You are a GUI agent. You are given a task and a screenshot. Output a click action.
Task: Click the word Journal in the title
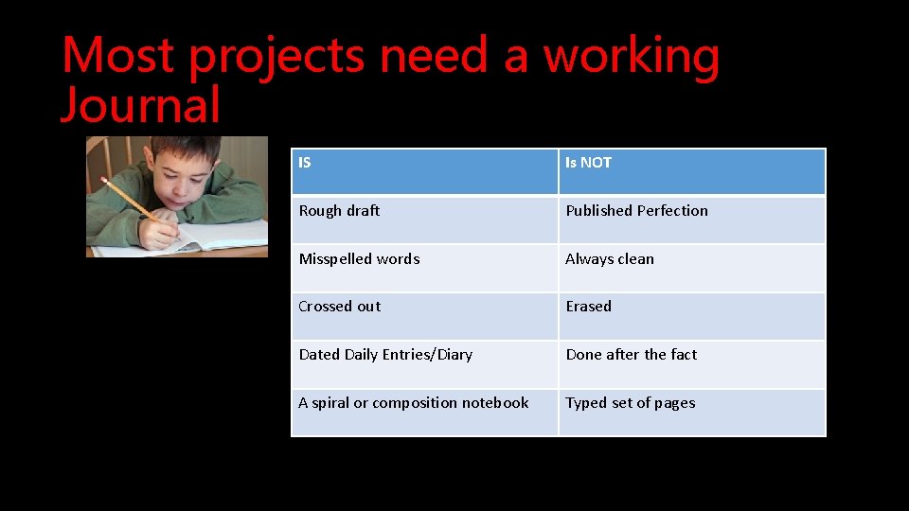[x=140, y=104]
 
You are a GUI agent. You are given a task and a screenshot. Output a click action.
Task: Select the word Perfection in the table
[x=671, y=211]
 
